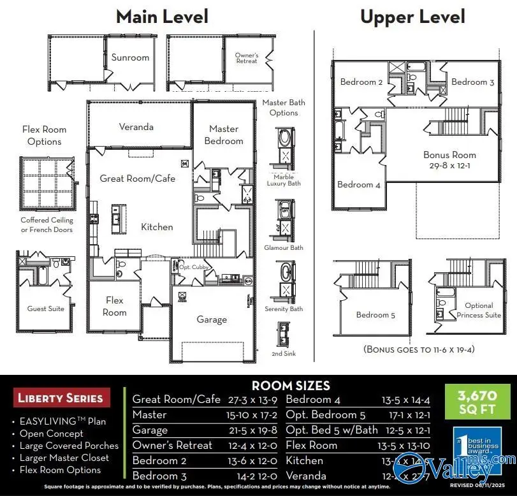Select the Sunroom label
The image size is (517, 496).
(130, 57)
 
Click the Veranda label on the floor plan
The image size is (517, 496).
(136, 126)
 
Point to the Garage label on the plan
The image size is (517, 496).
(212, 319)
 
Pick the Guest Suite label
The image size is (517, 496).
(46, 309)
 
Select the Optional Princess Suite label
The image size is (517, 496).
(479, 310)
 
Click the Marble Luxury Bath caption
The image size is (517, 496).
(284, 180)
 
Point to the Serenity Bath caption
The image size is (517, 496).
(284, 309)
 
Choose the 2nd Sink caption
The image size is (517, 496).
(284, 353)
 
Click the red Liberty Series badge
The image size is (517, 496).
(60, 398)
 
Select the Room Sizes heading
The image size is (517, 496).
(291, 385)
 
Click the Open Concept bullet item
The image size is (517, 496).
(51, 434)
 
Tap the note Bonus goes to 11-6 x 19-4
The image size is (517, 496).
(419, 349)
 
